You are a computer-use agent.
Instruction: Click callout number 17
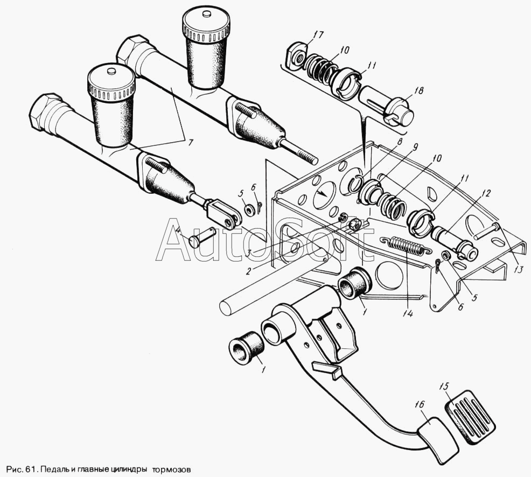(318, 36)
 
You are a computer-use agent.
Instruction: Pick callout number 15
(444, 386)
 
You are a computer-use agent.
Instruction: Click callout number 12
(487, 194)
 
